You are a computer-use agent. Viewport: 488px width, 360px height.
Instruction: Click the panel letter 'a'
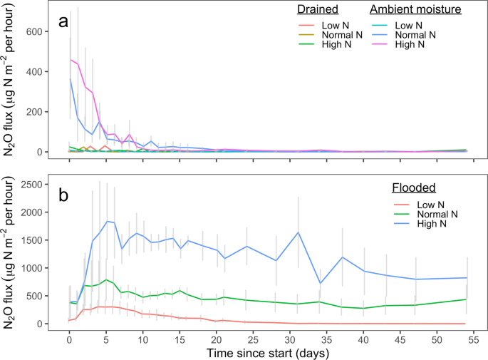[x=63, y=22]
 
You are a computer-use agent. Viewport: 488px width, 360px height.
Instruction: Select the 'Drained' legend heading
[x=318, y=10]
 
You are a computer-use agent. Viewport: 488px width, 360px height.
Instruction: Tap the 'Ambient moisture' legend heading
[x=415, y=10]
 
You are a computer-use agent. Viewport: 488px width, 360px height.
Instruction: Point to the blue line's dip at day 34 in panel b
[x=320, y=283]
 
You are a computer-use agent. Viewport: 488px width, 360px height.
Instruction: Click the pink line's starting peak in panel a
[x=70, y=60]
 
